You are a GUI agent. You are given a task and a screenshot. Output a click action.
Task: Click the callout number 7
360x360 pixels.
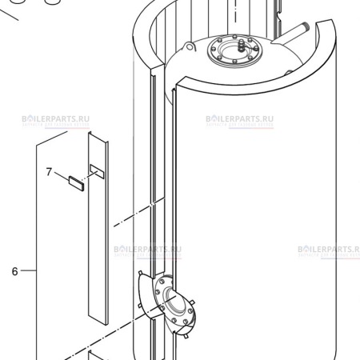pyautogui.click(x=49, y=171)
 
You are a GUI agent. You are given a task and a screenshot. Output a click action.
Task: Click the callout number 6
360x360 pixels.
pyautogui.click(x=14, y=271)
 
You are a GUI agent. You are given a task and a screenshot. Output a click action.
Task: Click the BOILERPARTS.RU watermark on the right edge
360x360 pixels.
pyautogui.click(x=330, y=250)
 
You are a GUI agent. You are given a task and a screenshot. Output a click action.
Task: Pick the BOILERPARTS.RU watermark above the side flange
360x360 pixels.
pyautogui.click(x=147, y=250)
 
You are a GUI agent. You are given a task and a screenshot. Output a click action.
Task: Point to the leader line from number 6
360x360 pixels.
pyautogui.click(x=29, y=271)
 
